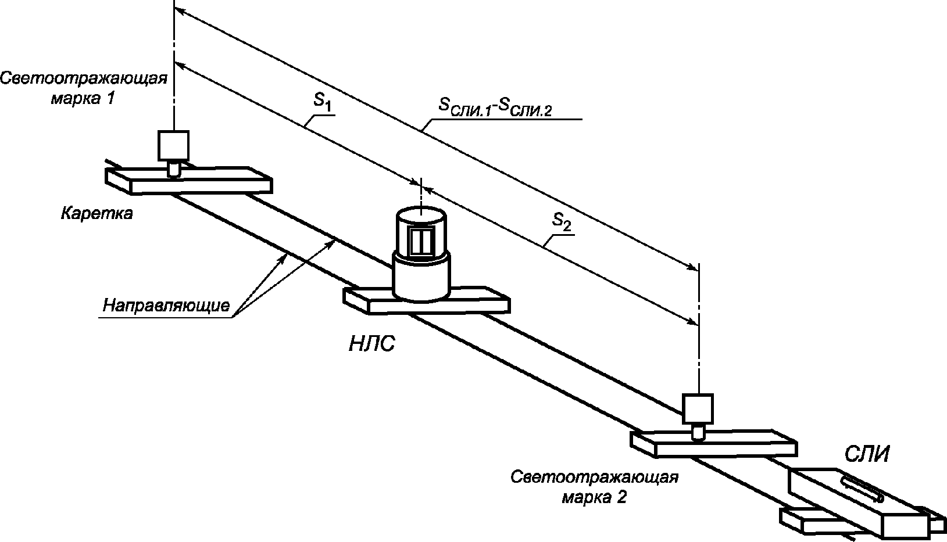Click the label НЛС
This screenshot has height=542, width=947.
tap(372, 344)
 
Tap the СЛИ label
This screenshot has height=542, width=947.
tap(867, 454)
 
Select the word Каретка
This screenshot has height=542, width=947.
tap(97, 213)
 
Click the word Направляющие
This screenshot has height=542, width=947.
tap(166, 305)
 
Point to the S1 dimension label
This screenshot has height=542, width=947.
tap(321, 102)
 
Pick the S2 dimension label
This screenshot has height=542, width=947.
tap(562, 221)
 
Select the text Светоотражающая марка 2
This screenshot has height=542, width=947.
tap(594, 487)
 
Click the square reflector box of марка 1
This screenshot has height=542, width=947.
tap(173, 146)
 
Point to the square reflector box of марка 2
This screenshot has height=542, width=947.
tap(698, 409)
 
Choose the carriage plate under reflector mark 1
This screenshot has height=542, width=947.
tap(188, 181)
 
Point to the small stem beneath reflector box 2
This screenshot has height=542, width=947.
tap(698, 432)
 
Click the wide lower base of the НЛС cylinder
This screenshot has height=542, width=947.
tap(421, 277)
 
